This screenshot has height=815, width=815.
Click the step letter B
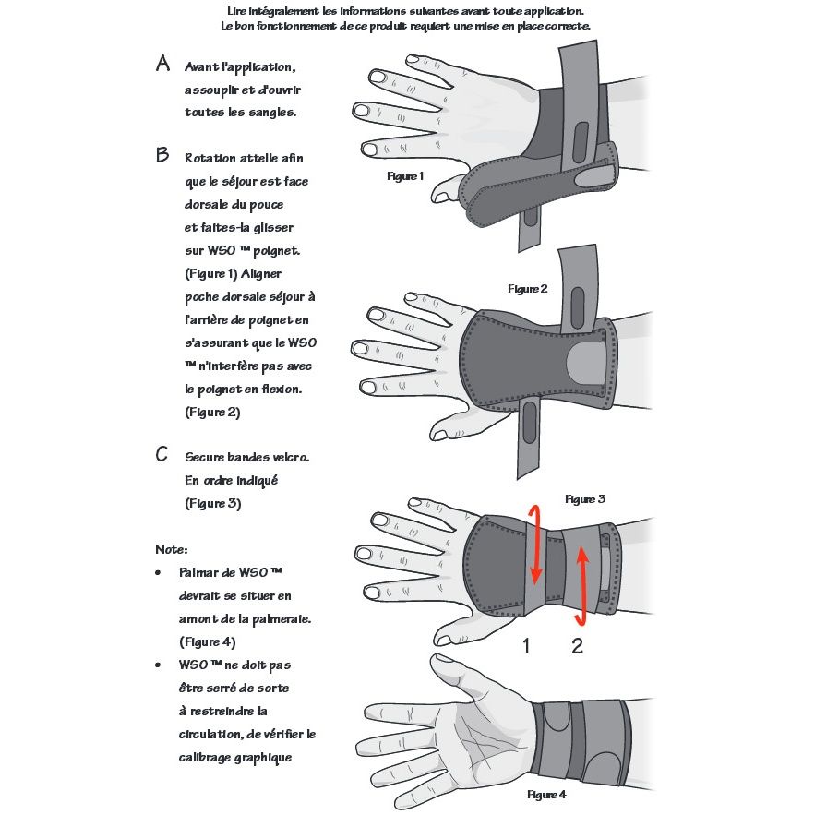tap(163, 155)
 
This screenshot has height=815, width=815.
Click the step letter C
tap(162, 454)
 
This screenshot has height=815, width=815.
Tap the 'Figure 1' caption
tap(405, 175)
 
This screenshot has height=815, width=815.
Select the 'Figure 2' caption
tap(528, 289)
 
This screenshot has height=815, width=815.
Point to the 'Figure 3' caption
tap(585, 499)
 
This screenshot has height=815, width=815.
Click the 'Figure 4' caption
tap(546, 795)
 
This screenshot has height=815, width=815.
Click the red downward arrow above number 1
tap(533, 545)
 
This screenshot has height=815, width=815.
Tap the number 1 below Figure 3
tap(526, 646)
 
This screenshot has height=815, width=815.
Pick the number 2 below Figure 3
tap(578, 646)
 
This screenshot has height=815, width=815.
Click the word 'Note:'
tap(172, 549)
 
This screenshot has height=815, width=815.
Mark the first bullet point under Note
tap(163, 573)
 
